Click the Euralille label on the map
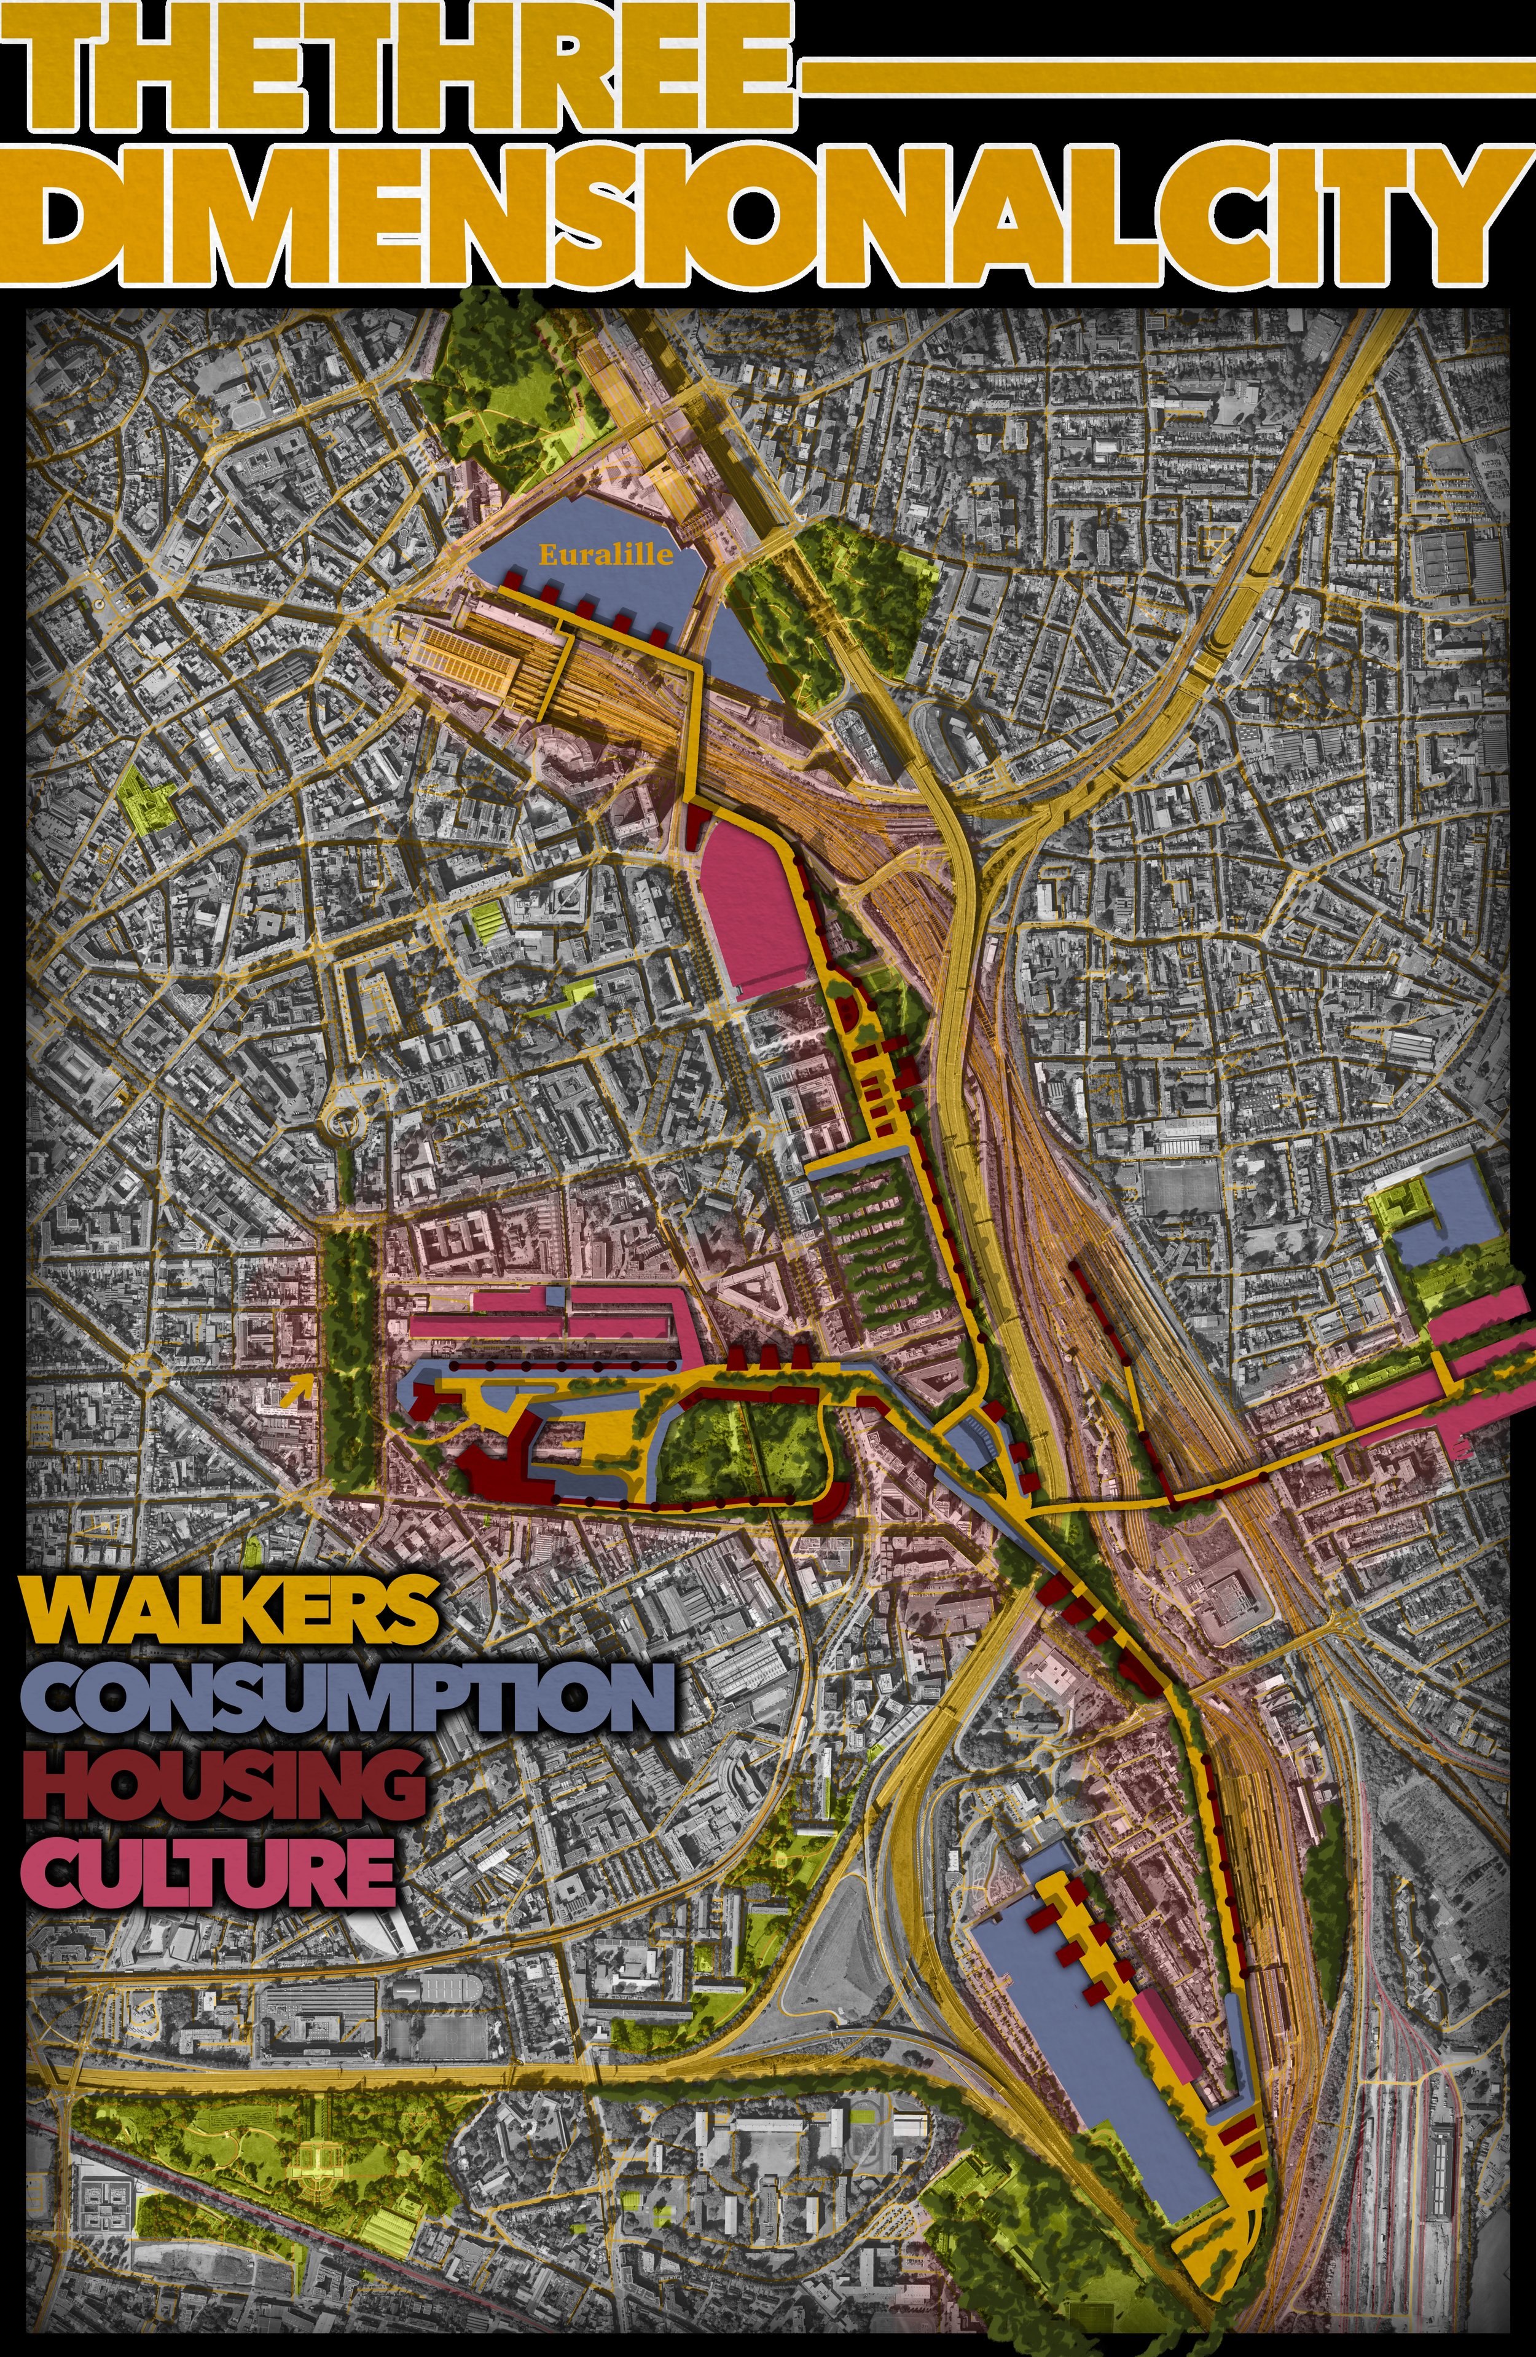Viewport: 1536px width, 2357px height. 605,554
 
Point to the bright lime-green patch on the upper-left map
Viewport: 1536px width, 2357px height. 147,797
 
